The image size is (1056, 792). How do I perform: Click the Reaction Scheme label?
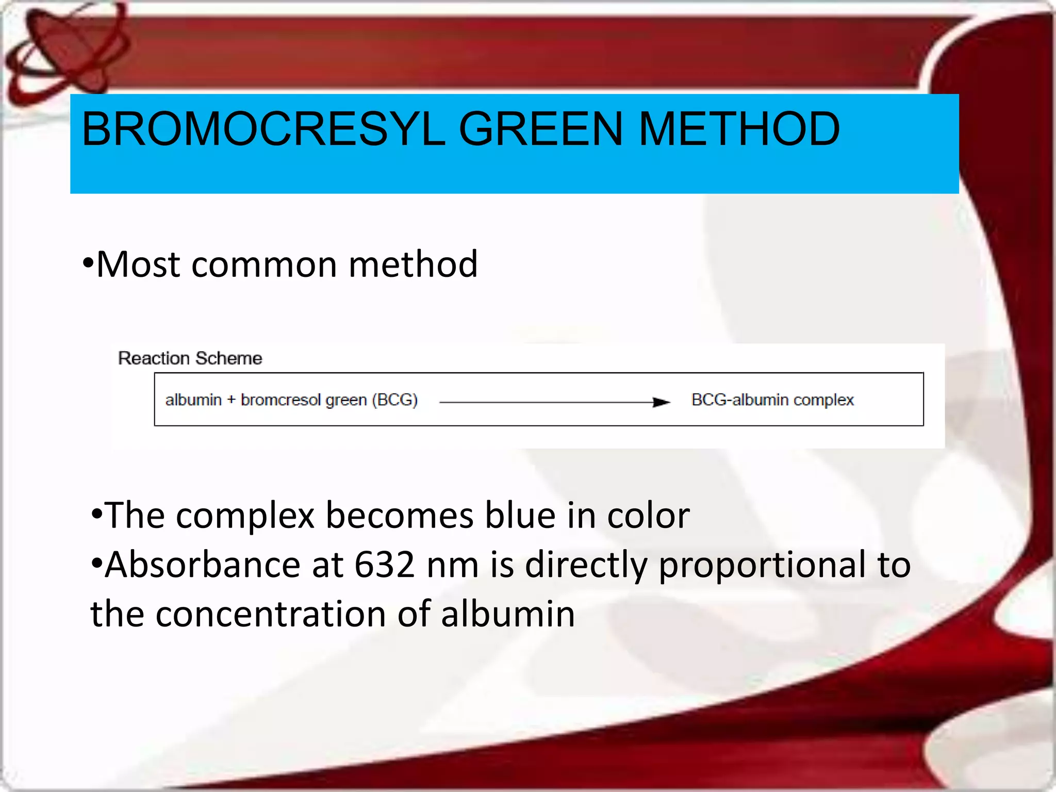coord(190,358)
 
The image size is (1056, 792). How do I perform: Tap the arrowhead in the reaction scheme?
coord(661,402)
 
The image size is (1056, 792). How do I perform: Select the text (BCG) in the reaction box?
coord(394,400)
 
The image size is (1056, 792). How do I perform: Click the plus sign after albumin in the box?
coord(231,400)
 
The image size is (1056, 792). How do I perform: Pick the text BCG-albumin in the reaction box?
coord(739,400)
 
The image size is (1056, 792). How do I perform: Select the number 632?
coord(384,565)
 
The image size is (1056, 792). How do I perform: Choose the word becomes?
coord(400,515)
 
